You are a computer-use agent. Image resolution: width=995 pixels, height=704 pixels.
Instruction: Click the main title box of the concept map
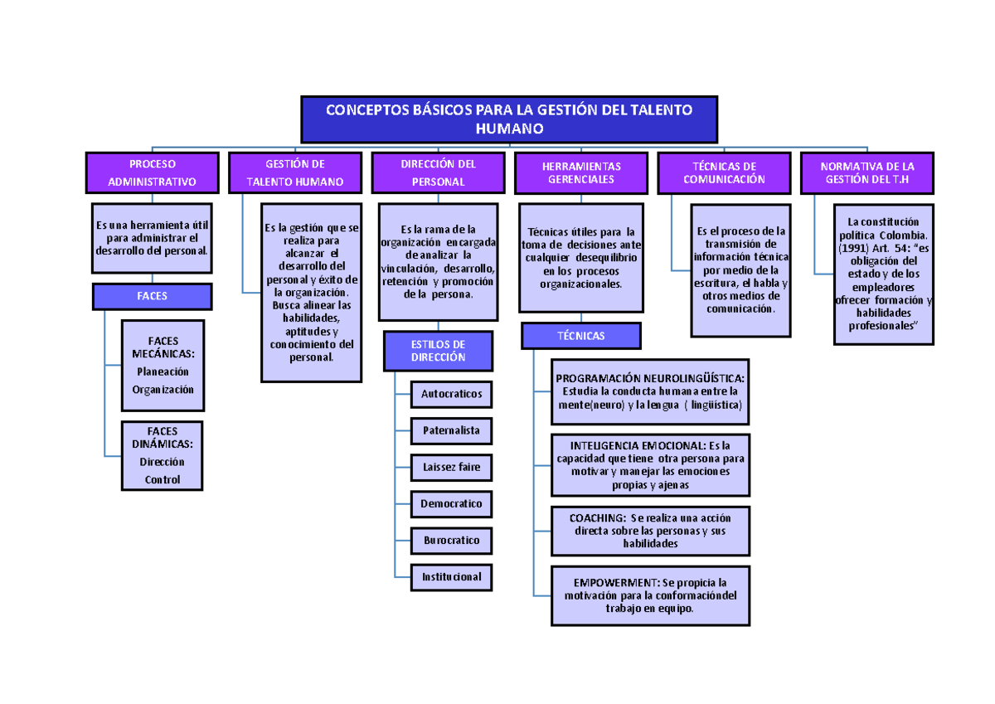(x=509, y=119)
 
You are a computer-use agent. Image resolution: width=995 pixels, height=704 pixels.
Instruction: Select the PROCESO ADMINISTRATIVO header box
(x=153, y=172)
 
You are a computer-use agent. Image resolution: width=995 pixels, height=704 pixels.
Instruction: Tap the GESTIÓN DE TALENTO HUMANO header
(x=295, y=172)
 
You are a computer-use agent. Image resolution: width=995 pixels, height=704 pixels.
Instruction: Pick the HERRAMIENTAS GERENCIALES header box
(x=581, y=172)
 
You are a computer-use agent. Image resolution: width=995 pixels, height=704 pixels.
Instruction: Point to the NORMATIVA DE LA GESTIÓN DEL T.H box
(x=866, y=172)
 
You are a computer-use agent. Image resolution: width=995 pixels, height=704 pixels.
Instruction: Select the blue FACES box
(x=153, y=296)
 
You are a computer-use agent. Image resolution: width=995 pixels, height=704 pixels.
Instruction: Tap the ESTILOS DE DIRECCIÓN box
(x=438, y=351)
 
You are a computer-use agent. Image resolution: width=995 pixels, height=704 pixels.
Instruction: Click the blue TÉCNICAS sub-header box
(x=581, y=336)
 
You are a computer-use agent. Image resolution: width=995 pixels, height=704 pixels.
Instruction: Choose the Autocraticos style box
(x=451, y=394)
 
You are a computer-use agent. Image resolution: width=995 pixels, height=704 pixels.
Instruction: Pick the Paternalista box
(x=451, y=431)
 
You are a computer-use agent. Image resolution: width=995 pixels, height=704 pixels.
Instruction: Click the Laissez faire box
(x=451, y=467)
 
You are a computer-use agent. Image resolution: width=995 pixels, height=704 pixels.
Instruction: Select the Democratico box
(x=451, y=503)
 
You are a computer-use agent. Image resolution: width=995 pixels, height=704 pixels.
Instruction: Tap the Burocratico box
(x=451, y=540)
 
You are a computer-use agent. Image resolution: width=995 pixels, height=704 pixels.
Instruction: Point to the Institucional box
(x=451, y=576)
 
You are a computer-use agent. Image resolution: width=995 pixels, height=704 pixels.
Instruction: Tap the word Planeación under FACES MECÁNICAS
(x=163, y=371)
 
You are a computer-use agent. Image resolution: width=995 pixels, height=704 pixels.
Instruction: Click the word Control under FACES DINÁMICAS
(x=163, y=479)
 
